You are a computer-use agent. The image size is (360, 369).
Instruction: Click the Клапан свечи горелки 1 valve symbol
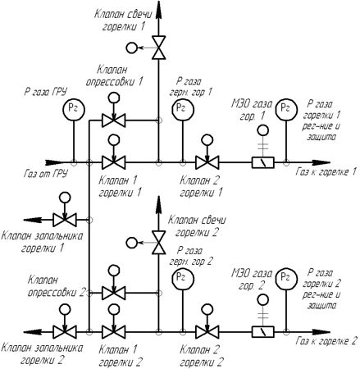pos(159,48)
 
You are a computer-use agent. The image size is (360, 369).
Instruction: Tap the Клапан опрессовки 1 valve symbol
pos(113,120)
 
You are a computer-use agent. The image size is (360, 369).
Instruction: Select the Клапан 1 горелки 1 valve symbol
pos(113,162)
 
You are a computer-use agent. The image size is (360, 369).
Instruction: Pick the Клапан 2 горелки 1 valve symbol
pos(207,162)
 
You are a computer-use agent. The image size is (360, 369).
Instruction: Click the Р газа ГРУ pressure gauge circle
pos(74,109)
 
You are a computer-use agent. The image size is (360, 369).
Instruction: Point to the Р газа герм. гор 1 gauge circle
pos(183,109)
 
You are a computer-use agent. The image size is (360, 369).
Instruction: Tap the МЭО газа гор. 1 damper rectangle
pos(263,162)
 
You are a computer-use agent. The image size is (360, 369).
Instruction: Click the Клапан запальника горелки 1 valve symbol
pos(65,220)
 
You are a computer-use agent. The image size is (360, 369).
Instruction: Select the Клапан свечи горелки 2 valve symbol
pos(159,243)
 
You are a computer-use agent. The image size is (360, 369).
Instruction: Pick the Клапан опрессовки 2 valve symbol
pos(113,293)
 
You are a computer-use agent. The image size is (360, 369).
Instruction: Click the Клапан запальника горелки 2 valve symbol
pos(65,332)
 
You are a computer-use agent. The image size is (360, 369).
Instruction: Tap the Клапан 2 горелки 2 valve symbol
pos(207,332)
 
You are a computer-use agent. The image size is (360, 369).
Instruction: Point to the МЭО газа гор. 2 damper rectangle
pos(263,332)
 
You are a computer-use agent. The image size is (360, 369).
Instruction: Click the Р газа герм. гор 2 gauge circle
pos(183,279)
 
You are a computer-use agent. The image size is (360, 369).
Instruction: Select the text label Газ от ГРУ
pos(45,174)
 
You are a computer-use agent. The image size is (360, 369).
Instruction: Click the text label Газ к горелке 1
pos(326,172)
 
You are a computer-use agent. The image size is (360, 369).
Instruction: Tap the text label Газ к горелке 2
pos(326,341)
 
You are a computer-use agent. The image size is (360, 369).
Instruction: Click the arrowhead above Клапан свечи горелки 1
pos(159,10)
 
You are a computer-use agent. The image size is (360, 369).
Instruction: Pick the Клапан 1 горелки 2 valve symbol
pos(113,332)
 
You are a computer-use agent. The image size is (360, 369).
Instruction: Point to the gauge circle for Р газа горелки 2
pos(286,279)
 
